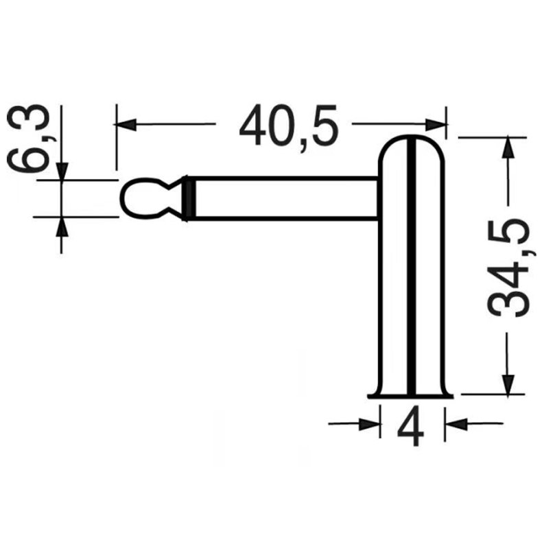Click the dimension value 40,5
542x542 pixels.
pos(289,125)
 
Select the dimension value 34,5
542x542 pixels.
pos(509,268)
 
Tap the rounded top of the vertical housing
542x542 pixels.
pos(412,148)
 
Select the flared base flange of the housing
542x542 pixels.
pos(411,395)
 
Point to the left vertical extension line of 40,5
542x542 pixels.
pos(117,137)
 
